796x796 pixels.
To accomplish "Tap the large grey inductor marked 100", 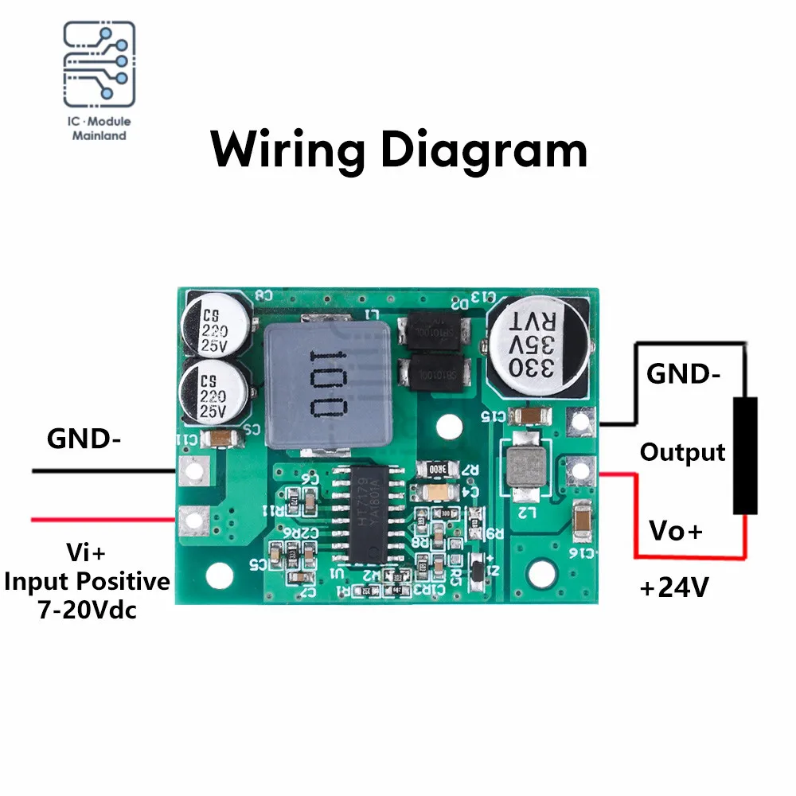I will (x=328, y=384).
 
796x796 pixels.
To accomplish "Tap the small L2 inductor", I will (x=522, y=470).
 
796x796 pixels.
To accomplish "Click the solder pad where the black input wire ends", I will (x=192, y=473).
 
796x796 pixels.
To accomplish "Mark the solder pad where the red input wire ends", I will (x=192, y=521).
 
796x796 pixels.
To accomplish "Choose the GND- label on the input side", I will (x=84, y=439).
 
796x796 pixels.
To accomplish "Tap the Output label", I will (x=683, y=452).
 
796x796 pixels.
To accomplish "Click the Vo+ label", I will (x=676, y=530).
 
